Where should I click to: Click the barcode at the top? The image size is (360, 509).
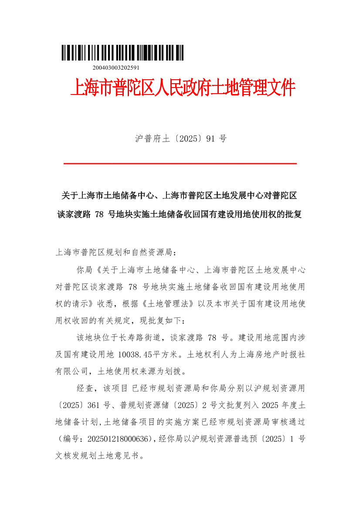click(122, 53)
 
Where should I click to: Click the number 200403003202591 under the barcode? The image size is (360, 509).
click(115, 68)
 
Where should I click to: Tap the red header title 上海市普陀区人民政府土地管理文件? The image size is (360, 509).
click(182, 88)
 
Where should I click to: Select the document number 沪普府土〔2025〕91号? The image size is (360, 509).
click(180, 139)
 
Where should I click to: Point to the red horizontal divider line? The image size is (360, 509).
click(180, 164)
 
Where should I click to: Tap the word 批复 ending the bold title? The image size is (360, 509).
click(293, 214)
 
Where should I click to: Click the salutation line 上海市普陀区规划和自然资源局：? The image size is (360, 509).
click(116, 253)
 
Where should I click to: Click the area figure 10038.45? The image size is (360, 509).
click(137, 355)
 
